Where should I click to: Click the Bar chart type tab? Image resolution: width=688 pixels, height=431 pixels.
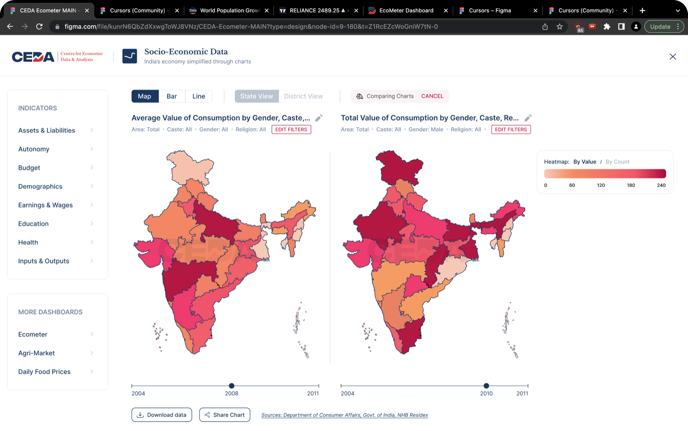(x=172, y=96)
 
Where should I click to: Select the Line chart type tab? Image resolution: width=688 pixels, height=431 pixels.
(x=199, y=96)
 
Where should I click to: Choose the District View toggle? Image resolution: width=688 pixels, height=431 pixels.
(x=303, y=96)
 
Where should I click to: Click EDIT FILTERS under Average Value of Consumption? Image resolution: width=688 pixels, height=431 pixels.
(x=291, y=130)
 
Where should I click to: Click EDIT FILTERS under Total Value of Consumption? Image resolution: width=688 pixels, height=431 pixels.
(x=511, y=130)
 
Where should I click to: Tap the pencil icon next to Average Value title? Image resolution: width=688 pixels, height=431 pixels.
(x=319, y=118)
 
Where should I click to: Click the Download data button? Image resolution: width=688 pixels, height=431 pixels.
(x=162, y=415)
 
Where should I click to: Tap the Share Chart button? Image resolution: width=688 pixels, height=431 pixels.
(x=224, y=415)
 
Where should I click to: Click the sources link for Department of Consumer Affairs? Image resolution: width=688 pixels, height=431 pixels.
(x=344, y=415)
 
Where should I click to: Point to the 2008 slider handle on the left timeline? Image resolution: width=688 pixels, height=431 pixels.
(x=232, y=386)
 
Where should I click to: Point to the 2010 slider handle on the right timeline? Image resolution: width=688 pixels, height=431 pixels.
(x=486, y=386)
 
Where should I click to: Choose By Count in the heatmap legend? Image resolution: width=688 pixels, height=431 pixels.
(x=617, y=162)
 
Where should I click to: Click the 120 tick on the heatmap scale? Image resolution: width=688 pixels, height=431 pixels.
(x=601, y=185)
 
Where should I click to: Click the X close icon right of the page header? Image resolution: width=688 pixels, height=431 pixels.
(x=673, y=56)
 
